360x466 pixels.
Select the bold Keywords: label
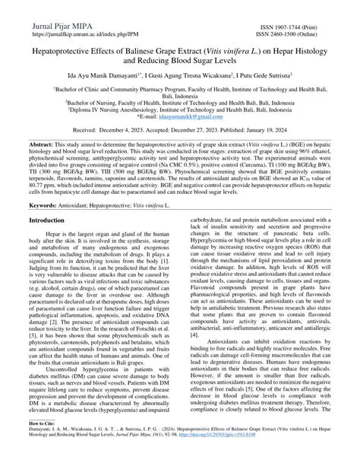pyautogui.click(x=46, y=205)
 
